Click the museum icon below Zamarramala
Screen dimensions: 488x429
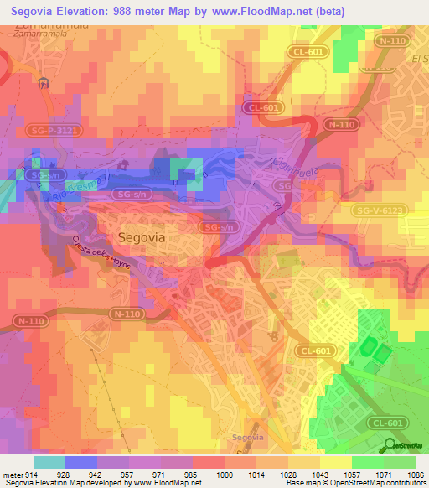(44, 83)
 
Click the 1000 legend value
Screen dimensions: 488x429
(225, 474)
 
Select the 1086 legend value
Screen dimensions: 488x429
(416, 474)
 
